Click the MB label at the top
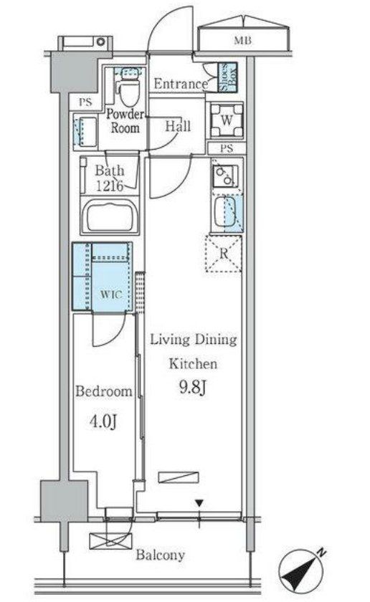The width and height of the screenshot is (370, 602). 242,40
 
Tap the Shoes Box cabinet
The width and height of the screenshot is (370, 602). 227,77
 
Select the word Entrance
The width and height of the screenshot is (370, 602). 181,84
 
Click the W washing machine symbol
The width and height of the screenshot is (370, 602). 227,121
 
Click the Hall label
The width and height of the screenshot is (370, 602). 178,126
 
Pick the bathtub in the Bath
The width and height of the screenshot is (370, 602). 110,216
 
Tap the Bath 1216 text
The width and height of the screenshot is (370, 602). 110,178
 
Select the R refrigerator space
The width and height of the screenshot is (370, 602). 224,254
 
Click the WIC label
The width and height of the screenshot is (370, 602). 111,295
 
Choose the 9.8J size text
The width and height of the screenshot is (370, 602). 193,388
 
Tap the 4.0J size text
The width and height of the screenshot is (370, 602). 103,421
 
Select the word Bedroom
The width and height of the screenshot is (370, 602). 104,391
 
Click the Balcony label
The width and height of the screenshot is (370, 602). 160,555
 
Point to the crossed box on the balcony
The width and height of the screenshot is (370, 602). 110,540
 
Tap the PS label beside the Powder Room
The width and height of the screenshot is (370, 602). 85,102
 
